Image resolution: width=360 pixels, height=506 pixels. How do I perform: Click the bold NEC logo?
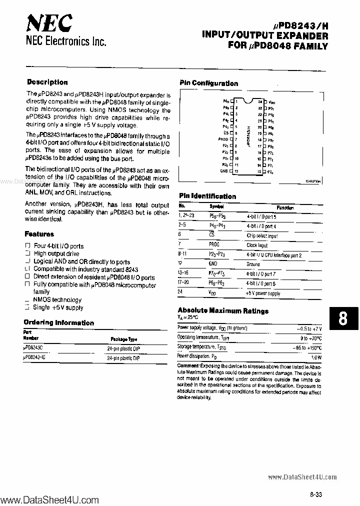click(x=49, y=22)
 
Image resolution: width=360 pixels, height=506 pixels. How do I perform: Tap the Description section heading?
click(x=47, y=82)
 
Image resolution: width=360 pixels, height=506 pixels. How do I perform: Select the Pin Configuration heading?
click(x=208, y=83)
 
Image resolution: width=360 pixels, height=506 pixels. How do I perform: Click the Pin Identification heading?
click(x=207, y=196)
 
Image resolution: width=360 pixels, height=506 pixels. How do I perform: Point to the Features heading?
click(x=39, y=234)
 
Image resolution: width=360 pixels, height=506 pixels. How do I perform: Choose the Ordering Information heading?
click(x=58, y=322)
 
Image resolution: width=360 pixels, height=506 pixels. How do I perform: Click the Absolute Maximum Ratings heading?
click(x=222, y=310)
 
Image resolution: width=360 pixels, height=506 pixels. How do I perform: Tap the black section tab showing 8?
click(x=343, y=318)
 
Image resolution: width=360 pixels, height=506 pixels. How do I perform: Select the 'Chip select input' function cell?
click(x=262, y=236)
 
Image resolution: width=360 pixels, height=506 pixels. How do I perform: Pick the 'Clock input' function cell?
click(x=257, y=245)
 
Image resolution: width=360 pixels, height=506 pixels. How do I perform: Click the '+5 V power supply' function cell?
click(x=263, y=293)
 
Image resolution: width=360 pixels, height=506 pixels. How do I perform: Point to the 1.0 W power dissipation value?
click(x=315, y=356)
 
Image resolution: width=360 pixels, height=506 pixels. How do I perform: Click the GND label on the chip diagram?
click(x=223, y=171)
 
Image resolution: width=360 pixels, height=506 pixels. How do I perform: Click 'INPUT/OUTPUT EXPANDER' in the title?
click(x=265, y=36)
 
